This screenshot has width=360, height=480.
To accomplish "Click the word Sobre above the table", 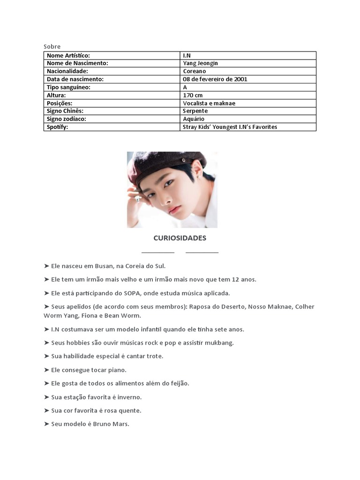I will coord(52,46).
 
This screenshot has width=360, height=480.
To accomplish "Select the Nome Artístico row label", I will coord(68,55).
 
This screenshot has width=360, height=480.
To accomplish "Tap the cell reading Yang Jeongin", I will coord(200,63).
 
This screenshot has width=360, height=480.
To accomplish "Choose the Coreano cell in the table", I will coord(194,71).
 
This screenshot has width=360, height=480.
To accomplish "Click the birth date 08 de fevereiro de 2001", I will coord(215,79).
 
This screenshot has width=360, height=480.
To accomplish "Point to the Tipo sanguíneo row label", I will coord(68,87).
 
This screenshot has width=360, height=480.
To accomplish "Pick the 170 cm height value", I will coord(193,95).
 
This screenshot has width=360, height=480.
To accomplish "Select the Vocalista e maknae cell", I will coord(209,103).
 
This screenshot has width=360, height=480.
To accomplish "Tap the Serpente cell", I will coord(195,111).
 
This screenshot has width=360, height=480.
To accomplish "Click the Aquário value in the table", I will coord(194,119).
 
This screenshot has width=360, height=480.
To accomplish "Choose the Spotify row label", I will coord(57,127).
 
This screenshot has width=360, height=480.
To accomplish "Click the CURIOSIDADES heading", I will coord(180,238).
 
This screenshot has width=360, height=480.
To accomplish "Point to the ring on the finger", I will coord(138,198).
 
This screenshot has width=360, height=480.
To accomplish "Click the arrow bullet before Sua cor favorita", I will coord(46,411).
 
